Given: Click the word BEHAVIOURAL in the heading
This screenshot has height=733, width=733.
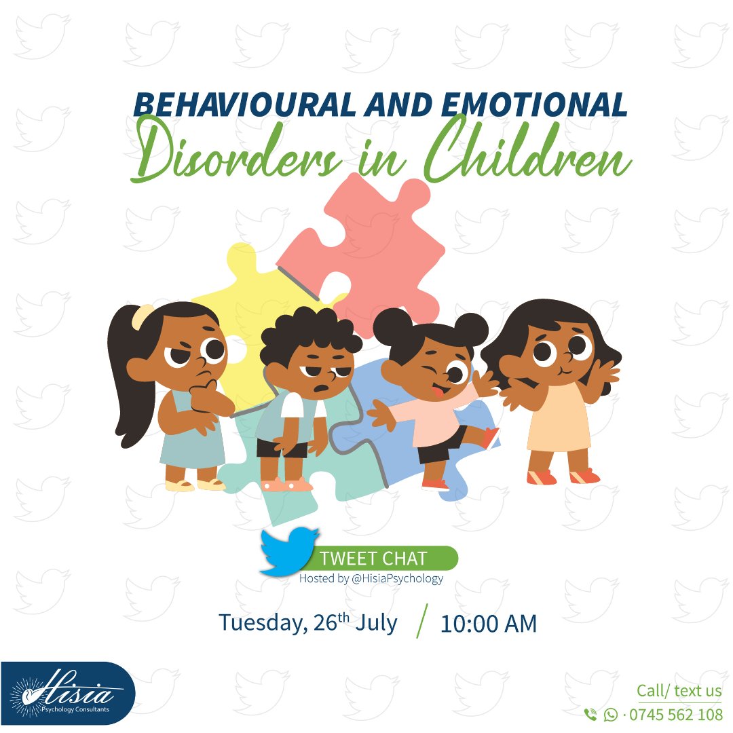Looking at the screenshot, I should coord(242,105).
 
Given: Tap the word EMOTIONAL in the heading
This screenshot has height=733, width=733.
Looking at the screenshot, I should coord(534,105).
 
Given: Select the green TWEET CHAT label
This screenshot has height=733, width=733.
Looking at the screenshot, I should coord(373,559).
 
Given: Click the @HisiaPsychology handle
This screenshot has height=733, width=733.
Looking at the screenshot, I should coord(398,579).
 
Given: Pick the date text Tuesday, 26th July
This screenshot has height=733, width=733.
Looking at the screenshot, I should coord(307,622).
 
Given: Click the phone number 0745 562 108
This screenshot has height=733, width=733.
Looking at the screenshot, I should coord(676,715).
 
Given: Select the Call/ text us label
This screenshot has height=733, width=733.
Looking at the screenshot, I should coord(679,691).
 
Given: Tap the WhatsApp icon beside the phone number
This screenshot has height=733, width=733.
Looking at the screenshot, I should coord(611,715).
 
